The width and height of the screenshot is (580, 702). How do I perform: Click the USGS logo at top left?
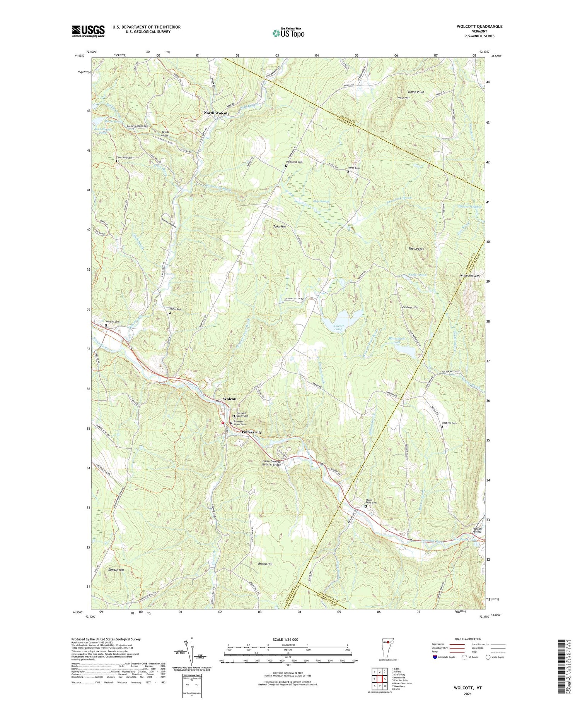(x=88, y=31)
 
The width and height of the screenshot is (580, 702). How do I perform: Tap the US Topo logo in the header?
(x=288, y=33)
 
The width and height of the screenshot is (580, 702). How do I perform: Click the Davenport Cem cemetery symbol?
(x=286, y=166)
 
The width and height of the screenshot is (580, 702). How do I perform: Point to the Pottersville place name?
(x=251, y=432)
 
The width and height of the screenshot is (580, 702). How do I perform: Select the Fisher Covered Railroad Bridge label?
(x=276, y=463)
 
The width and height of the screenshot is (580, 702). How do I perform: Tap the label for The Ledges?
(x=416, y=249)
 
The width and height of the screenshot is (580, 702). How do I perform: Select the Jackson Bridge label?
(x=477, y=530)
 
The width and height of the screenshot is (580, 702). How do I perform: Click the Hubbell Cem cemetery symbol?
(x=106, y=325)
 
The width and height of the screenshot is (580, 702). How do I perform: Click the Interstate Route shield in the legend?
(x=435, y=657)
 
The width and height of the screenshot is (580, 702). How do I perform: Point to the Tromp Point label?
(x=416, y=92)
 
